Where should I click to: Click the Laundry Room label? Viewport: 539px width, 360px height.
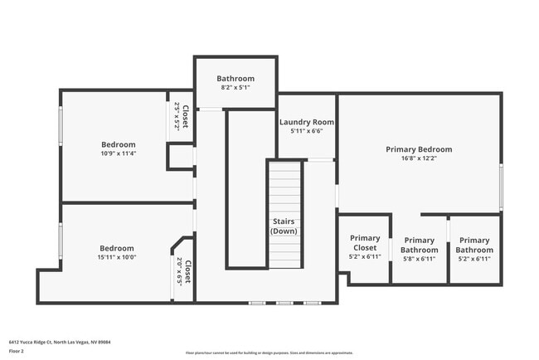point(306,122)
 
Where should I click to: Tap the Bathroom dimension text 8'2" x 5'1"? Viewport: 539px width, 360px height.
point(236,87)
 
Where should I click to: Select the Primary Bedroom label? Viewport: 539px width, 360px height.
point(419,149)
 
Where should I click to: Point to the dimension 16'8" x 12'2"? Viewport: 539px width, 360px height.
point(419,158)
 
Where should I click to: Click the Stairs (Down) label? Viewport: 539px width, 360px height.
point(284,226)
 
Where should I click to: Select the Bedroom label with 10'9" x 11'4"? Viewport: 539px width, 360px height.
point(118,144)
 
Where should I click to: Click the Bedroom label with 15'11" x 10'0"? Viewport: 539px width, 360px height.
point(117,248)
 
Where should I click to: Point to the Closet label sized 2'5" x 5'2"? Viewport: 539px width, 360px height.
point(186,116)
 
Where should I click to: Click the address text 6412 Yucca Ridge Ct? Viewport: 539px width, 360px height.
point(60,341)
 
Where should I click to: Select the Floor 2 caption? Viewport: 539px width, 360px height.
point(17,352)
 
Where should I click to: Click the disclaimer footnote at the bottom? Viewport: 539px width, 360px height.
point(269,353)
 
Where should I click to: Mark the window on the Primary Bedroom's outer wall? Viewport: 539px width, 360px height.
point(500,187)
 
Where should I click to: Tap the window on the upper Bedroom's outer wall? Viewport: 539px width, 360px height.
point(60,124)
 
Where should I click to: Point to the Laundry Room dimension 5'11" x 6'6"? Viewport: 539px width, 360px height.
point(306,131)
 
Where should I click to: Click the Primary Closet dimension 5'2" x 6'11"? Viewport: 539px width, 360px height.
point(364,257)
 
